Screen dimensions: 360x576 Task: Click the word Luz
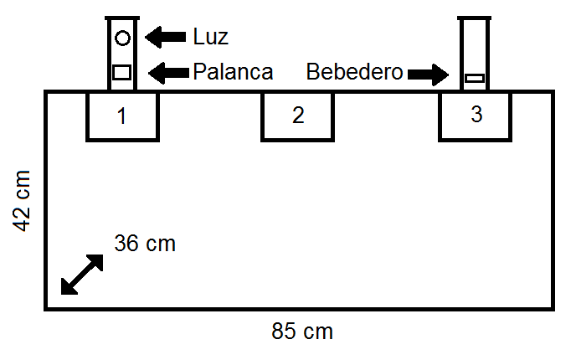pyautogui.click(x=210, y=37)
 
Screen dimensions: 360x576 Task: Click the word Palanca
pyautogui.click(x=233, y=72)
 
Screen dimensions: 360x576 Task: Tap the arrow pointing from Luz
pyautogui.click(x=166, y=37)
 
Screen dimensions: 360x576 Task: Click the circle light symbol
pyautogui.click(x=122, y=38)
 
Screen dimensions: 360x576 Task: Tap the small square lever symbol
pyautogui.click(x=122, y=71)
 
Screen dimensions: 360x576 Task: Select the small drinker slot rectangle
pyautogui.click(x=475, y=78)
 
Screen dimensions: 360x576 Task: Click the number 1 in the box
pyautogui.click(x=122, y=116)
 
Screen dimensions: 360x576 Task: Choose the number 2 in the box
pyautogui.click(x=297, y=116)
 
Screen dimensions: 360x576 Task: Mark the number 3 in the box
pyautogui.click(x=476, y=116)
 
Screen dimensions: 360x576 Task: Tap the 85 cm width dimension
pyautogui.click(x=302, y=332)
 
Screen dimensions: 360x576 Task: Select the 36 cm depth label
pyautogui.click(x=145, y=244)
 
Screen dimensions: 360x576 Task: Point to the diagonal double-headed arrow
pyautogui.click(x=82, y=274)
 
